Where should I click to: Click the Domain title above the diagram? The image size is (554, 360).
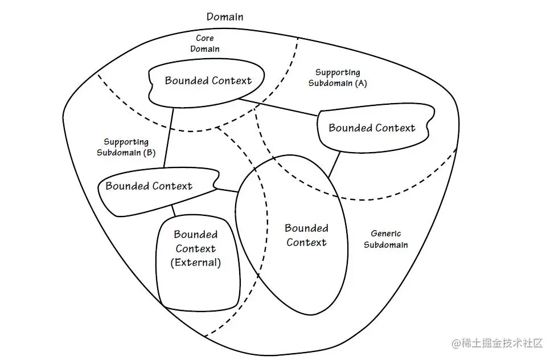tap(224, 17)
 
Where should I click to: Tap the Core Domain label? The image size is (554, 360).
tap(204, 43)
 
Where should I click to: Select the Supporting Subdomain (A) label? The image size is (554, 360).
tap(338, 77)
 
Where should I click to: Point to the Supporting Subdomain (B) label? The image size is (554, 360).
tap(126, 147)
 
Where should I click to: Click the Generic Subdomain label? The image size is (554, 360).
tap(385, 239)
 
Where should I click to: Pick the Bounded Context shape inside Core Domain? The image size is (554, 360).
tap(208, 81)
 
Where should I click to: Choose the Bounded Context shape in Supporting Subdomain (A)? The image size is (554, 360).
tap(372, 128)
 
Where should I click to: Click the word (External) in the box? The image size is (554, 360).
tap(195, 263)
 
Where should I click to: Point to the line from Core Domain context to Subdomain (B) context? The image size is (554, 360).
tap(169, 137)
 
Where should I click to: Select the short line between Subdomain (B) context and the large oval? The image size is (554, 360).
tap(228, 190)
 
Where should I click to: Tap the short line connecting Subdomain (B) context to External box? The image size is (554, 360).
tap(173, 210)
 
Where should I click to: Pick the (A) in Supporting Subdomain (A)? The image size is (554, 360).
tap(360, 83)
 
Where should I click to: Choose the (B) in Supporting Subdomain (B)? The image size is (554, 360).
tap(149, 153)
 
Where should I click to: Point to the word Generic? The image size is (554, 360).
tap(385, 234)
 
